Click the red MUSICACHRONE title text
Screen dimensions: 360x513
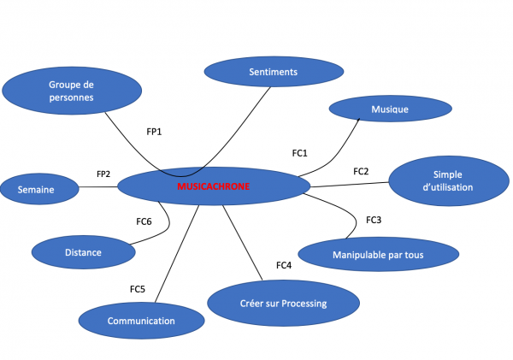coord(213,186)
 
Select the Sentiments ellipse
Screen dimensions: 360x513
coord(273,72)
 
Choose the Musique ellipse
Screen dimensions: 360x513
coord(390,109)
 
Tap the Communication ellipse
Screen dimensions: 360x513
coord(141,321)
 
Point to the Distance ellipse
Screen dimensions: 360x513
coord(83,252)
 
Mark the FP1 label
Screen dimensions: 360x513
coord(154,132)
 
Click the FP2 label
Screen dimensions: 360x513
coord(103,174)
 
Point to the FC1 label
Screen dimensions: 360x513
coord(299,153)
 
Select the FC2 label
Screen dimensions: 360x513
coord(361,171)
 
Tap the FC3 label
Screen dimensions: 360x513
coord(374,220)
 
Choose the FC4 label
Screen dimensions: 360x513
coord(285,265)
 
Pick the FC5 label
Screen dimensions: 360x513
coord(137,289)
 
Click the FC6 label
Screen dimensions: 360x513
coord(144,221)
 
